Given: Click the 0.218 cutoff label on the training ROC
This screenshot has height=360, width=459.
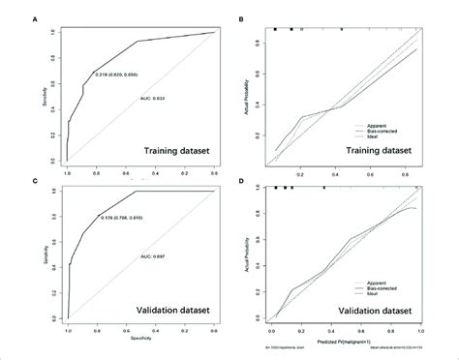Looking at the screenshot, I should tap(123, 74).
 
